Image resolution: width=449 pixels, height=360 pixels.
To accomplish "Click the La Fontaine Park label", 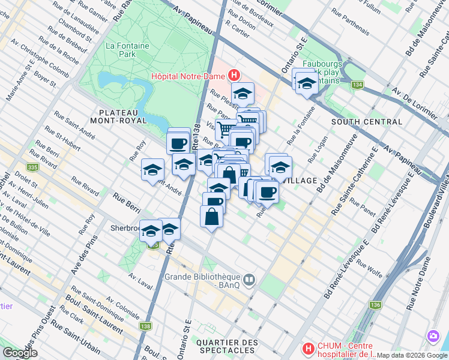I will [120, 49].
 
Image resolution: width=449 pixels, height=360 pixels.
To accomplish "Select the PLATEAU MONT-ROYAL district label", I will [118, 116].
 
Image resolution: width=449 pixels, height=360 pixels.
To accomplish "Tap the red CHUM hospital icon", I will [308, 348].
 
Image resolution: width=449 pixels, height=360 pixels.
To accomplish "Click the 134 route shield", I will [358, 85].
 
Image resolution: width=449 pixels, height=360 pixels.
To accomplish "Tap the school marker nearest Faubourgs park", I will [306, 83].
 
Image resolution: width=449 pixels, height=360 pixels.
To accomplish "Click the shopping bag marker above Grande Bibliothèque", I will [212, 216].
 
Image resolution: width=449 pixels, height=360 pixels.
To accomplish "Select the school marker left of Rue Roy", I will [152, 169].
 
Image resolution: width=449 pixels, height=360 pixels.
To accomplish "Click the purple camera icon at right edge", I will [432, 337].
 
